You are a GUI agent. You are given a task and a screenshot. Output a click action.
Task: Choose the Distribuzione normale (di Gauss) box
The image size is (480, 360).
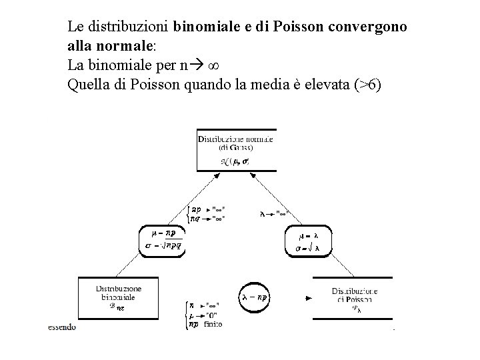pos(236,150)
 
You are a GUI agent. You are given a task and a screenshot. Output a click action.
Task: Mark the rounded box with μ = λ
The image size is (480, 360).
pos(307,241)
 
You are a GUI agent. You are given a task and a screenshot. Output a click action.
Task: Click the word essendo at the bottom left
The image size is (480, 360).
pos(61,327)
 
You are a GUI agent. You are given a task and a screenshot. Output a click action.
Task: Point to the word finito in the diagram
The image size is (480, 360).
pos(213,323)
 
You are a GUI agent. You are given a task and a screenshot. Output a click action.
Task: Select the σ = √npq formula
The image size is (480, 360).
pos(163,245)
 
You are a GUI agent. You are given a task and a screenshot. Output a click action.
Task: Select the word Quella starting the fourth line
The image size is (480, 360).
pos(86,85)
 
